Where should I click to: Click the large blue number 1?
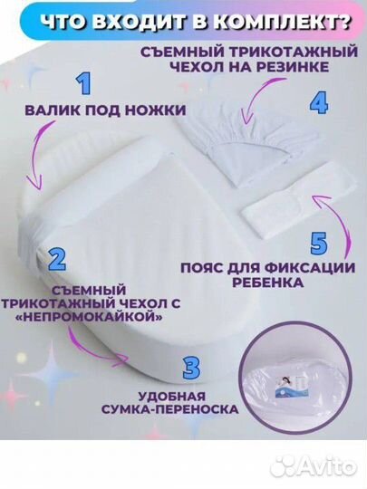84,86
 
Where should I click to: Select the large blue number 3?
191,369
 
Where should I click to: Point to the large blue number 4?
318,101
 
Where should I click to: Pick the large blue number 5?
317,244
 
